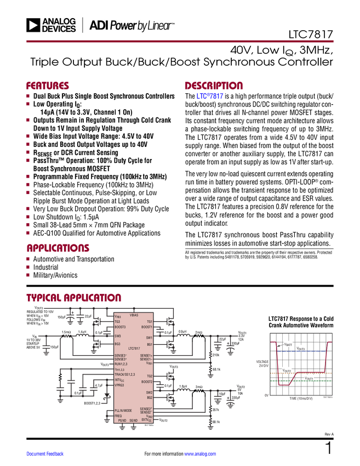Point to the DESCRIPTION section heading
[x=214, y=86]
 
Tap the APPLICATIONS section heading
[x=58, y=248]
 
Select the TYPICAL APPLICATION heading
[x=73, y=297]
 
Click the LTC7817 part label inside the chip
[x=135, y=349]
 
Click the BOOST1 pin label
[x=146, y=327]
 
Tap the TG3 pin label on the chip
[x=118, y=322]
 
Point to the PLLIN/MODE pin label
[x=123, y=411]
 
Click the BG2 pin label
[x=149, y=397]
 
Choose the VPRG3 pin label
[x=120, y=385]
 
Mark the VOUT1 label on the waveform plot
[x=309, y=378]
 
